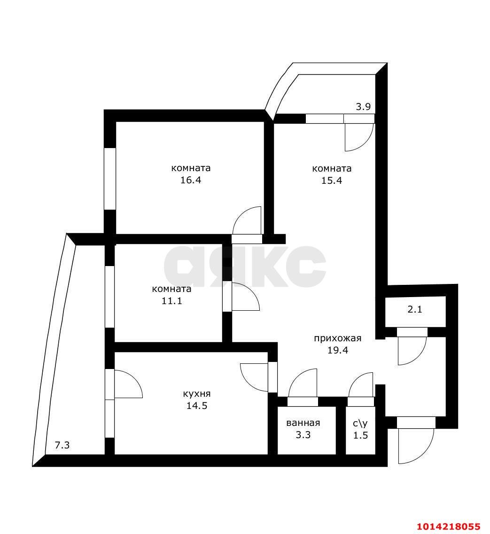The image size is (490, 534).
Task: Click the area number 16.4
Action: click(x=190, y=180)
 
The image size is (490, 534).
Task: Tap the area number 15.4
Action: click(x=331, y=180)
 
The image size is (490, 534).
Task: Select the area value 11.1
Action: click(x=171, y=301)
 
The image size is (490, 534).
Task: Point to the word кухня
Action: click(x=197, y=394)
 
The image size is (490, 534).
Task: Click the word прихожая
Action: click(x=337, y=338)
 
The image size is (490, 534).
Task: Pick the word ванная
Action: click(x=303, y=423)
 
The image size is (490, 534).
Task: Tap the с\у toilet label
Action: click(x=360, y=423)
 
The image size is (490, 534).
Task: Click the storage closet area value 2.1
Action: click(x=415, y=310)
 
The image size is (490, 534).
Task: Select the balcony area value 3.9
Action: click(x=363, y=107)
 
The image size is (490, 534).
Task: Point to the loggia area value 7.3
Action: click(x=62, y=445)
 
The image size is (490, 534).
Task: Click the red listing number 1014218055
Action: click(x=448, y=526)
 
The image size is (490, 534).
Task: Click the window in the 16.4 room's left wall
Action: click(x=109, y=179)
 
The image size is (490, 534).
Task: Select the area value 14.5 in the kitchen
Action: click(x=197, y=406)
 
